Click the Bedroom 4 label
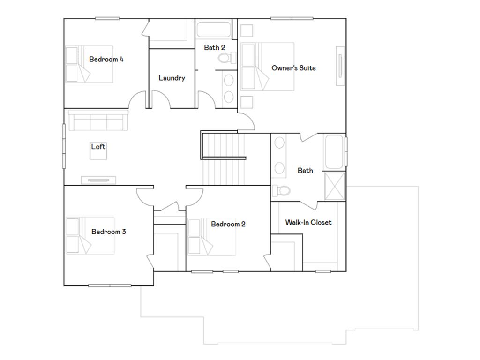coord(106,60)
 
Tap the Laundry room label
coord(172,78)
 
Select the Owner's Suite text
coord(293,68)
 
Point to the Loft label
coord(98,147)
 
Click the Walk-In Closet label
coord(308,222)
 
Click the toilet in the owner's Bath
coord(282,190)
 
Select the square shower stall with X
coord(335,186)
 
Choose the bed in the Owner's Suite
coord(267,67)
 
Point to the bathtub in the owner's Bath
coord(335,152)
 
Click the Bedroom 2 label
coord(228,224)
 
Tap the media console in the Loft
coord(98,180)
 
